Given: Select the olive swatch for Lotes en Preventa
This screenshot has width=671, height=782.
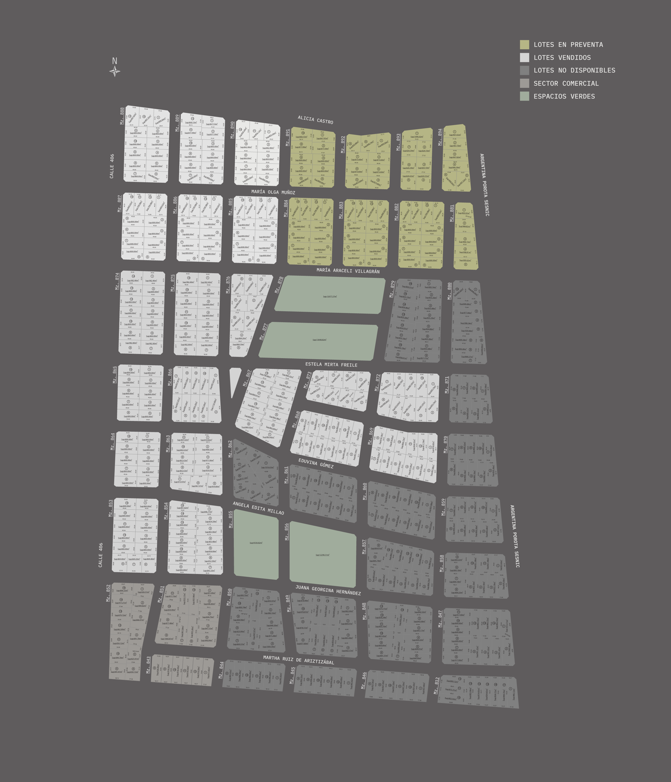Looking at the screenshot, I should pyautogui.click(x=524, y=45).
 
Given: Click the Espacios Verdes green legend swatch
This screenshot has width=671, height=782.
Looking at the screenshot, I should pyautogui.click(x=524, y=96).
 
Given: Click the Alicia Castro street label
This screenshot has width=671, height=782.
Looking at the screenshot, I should pyautogui.click(x=315, y=120).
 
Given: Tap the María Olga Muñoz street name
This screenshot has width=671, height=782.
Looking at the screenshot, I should pyautogui.click(x=273, y=192).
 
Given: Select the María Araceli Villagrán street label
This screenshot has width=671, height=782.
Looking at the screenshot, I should pyautogui.click(x=348, y=271).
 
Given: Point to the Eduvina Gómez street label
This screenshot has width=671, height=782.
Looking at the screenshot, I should pyautogui.click(x=316, y=463).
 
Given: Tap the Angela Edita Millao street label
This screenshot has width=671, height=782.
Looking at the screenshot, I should pyautogui.click(x=258, y=508).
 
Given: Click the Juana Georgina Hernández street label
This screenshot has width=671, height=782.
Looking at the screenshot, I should pyautogui.click(x=328, y=590).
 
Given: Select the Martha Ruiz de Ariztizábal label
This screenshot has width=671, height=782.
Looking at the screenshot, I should pyautogui.click(x=298, y=660).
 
